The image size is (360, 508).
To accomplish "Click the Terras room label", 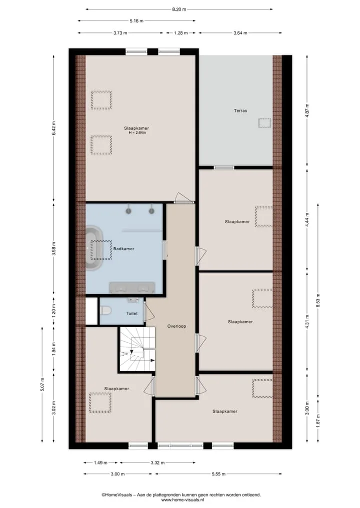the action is (x=240, y=111).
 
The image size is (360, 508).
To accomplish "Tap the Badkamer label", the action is (x=123, y=249).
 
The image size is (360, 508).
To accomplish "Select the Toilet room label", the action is (x=132, y=314).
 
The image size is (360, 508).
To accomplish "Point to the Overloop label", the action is (x=177, y=326).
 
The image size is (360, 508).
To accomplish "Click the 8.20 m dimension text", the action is (x=179, y=9).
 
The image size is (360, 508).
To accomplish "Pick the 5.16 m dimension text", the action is (x=136, y=21).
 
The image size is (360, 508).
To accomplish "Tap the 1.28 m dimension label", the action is (x=180, y=33).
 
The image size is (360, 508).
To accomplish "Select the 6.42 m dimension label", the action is (x=54, y=128).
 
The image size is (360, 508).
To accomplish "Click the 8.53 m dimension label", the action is (x=318, y=300).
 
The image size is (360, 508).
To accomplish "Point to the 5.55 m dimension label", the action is (x=218, y=474).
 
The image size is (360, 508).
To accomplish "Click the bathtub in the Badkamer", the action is (x=94, y=248).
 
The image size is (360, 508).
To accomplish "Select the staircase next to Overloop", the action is (x=137, y=349).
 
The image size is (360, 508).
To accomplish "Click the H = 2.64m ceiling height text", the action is (x=137, y=133).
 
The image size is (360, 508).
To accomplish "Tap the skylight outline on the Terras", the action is (x=264, y=123).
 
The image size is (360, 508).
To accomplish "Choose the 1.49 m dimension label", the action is (x=100, y=463).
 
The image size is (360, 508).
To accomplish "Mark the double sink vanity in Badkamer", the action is (x=132, y=288).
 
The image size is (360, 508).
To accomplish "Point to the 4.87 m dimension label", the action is (x=307, y=110).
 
